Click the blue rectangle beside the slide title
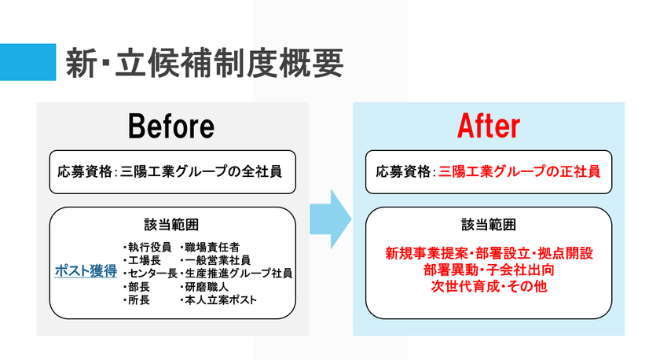click(x=27, y=62)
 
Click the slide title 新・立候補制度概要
click(x=204, y=63)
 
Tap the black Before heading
click(x=171, y=126)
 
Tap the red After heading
click(x=489, y=126)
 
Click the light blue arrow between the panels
click(x=331, y=219)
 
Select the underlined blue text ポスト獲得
click(x=86, y=270)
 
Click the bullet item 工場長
click(x=142, y=260)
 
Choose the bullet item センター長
click(x=150, y=274)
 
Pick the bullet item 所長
click(x=137, y=300)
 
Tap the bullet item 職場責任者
click(x=210, y=247)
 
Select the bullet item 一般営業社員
click(x=215, y=260)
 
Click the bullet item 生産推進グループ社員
click(x=236, y=274)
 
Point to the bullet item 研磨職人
click(x=204, y=287)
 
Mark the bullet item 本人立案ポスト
click(x=218, y=300)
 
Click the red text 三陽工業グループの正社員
click(x=519, y=171)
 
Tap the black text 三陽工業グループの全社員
click(x=201, y=171)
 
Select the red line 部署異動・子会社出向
click(x=489, y=270)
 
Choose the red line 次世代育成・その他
click(x=489, y=286)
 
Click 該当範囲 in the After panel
click(x=489, y=225)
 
